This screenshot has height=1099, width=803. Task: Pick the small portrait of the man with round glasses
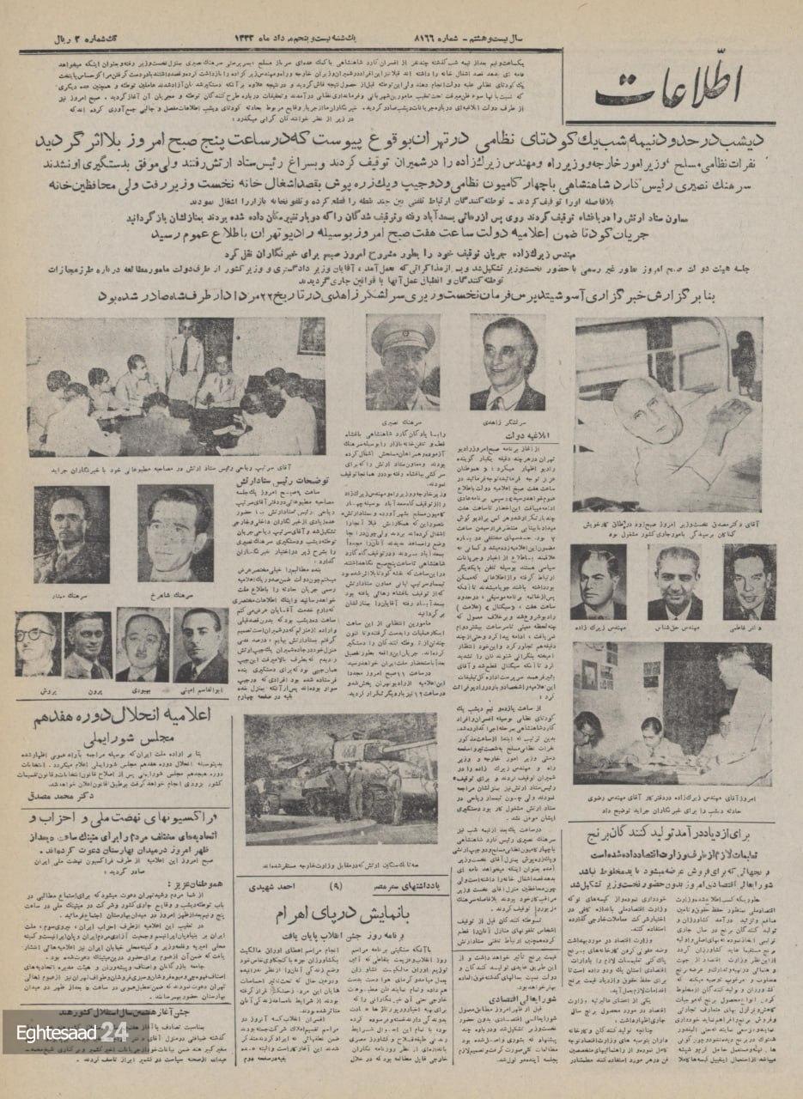point(38,644)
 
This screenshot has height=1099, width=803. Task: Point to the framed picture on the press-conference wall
point(311,335)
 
